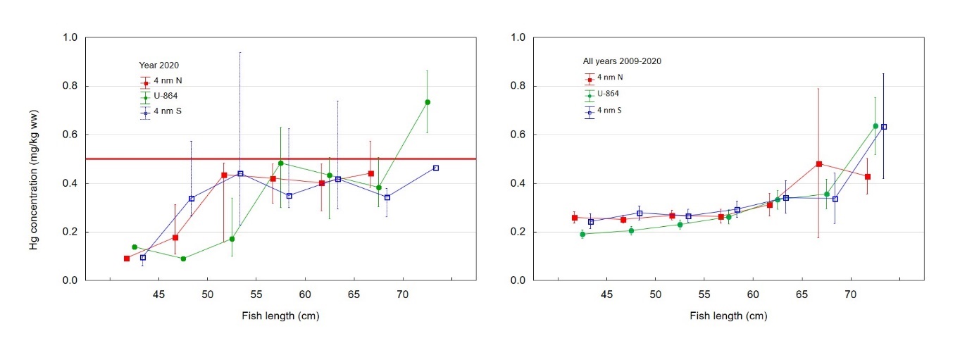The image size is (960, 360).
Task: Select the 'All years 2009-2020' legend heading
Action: coord(623,61)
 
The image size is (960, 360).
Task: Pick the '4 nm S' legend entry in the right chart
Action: coord(610,110)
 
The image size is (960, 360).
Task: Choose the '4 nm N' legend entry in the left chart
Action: coord(168,81)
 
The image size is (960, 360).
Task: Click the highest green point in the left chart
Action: coord(428,102)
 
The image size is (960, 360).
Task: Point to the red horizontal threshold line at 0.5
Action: coord(282,159)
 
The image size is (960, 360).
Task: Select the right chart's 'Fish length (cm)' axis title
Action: coord(728,316)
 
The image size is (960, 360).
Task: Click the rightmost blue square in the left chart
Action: coord(436,168)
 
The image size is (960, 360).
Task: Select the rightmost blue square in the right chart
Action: coord(884,127)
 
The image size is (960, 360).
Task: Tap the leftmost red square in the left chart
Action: coord(127,259)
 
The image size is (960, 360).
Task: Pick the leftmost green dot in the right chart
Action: coord(582,234)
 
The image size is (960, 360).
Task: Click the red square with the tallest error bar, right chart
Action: coord(819,164)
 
